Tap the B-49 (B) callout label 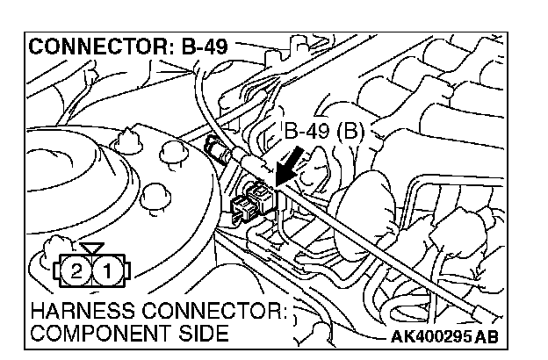pos(322,133)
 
